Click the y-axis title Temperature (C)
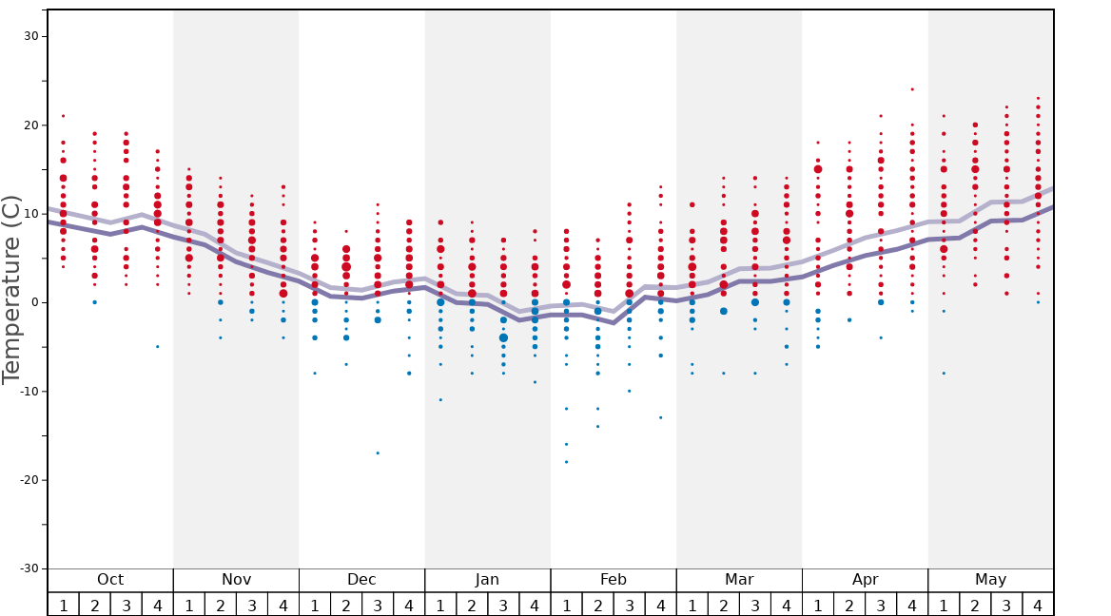tap(11, 289)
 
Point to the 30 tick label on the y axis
tap(29, 36)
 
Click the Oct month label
tap(110, 580)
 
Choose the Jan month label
tap(487, 580)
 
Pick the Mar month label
tap(739, 580)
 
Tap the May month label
tap(990, 580)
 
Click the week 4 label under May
tap(1038, 605)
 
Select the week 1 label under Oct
tap(63, 605)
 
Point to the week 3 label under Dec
tap(378, 605)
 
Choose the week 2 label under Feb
tap(597, 605)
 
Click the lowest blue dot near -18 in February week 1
tap(566, 462)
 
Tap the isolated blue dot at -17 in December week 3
tap(378, 453)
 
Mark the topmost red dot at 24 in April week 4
tap(912, 89)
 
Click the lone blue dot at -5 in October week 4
tap(158, 346)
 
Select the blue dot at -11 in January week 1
tap(440, 400)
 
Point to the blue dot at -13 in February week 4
tap(660, 417)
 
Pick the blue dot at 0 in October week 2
tap(94, 302)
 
